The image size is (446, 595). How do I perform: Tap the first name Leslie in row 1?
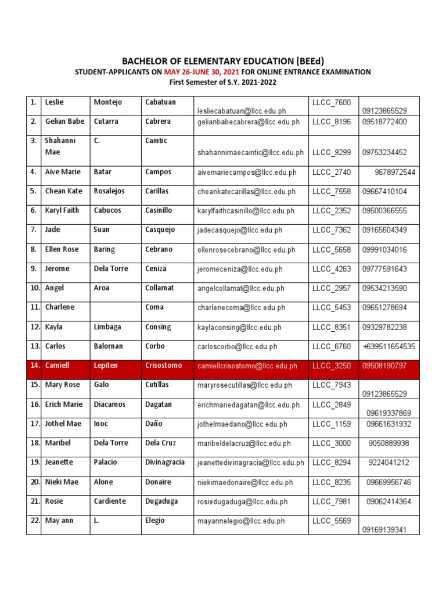coord(54,102)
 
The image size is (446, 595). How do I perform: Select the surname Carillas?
coord(159,191)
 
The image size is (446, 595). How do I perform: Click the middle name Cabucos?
coord(107,210)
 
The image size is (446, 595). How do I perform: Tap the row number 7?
coord(34,230)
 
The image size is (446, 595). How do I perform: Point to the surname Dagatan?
coord(159,404)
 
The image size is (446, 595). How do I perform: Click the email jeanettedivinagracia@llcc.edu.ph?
coord(250,463)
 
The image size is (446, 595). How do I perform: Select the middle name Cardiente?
coord(110,501)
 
